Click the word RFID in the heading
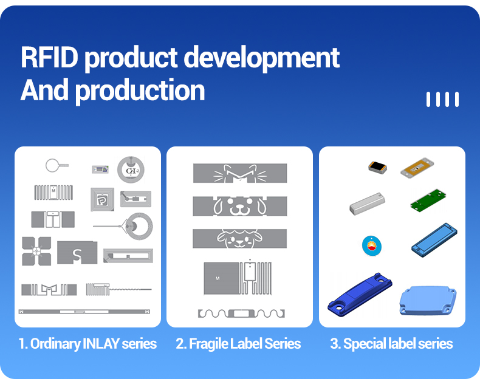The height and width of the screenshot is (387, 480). (49, 57)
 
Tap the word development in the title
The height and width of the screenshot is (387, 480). (261, 59)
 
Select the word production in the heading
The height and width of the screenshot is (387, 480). (140, 91)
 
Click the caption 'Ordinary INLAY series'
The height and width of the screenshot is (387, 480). (94, 343)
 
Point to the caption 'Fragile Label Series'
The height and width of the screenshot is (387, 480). (245, 343)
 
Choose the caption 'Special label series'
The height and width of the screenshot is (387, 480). (398, 343)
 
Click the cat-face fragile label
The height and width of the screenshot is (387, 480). (240, 173)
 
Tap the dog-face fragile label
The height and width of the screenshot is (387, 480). (240, 206)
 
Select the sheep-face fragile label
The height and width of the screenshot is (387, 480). (239, 238)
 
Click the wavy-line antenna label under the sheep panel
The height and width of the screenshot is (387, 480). (241, 313)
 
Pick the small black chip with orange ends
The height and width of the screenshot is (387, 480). (377, 167)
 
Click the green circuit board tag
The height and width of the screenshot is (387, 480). (428, 200)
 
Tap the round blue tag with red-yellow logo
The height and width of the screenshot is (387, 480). (372, 245)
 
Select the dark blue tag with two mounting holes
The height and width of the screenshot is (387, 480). (360, 294)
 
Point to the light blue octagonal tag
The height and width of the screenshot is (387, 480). (428, 300)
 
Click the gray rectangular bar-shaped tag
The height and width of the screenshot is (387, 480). (367, 204)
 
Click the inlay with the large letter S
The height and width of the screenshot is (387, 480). (77, 253)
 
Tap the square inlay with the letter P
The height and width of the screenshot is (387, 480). (102, 199)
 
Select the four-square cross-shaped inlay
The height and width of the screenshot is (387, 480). (36, 251)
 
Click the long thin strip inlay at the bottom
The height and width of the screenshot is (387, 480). (84, 312)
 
